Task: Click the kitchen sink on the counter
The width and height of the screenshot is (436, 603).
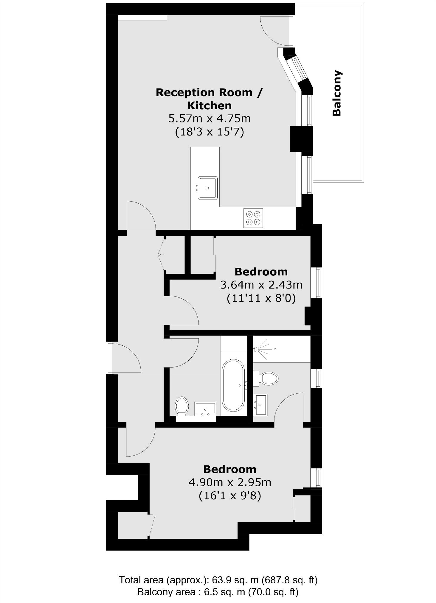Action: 208,188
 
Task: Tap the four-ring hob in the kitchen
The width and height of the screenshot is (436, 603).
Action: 253,218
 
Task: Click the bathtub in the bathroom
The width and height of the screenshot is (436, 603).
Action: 233,386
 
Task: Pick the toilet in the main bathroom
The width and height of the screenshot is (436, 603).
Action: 182,406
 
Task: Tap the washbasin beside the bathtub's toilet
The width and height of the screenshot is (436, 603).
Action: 205,409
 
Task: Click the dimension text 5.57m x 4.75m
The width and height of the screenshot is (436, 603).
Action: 210,119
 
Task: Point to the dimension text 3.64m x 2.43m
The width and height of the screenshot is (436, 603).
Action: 261,285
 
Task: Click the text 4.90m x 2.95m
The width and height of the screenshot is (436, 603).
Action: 230,482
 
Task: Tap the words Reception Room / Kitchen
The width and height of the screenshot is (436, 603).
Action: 209,99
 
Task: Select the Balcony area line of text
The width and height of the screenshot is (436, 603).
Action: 218,592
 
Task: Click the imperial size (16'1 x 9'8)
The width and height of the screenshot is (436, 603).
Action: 230,496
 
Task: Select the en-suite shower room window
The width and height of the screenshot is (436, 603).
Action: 316,378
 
